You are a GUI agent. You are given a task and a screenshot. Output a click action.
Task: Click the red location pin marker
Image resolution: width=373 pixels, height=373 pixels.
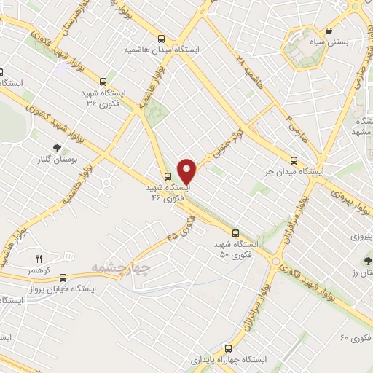(187, 171)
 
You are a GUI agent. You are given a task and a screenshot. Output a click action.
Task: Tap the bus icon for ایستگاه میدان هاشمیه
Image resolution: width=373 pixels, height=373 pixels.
(161, 39)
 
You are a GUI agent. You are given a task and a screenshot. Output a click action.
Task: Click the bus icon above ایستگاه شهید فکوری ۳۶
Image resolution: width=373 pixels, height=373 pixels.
(103, 82)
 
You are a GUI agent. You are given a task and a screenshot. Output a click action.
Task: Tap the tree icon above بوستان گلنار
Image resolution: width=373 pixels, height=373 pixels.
(56, 148)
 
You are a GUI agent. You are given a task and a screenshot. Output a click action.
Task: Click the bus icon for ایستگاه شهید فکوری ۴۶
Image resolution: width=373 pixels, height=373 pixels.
(168, 176)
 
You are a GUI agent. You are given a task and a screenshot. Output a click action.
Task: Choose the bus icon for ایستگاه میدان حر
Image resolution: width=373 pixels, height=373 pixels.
(294, 160)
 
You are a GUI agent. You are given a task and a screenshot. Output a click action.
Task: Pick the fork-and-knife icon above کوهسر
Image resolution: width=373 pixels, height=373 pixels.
(39, 259)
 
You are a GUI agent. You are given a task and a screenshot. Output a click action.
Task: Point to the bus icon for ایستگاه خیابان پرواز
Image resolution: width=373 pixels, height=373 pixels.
(63, 278)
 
